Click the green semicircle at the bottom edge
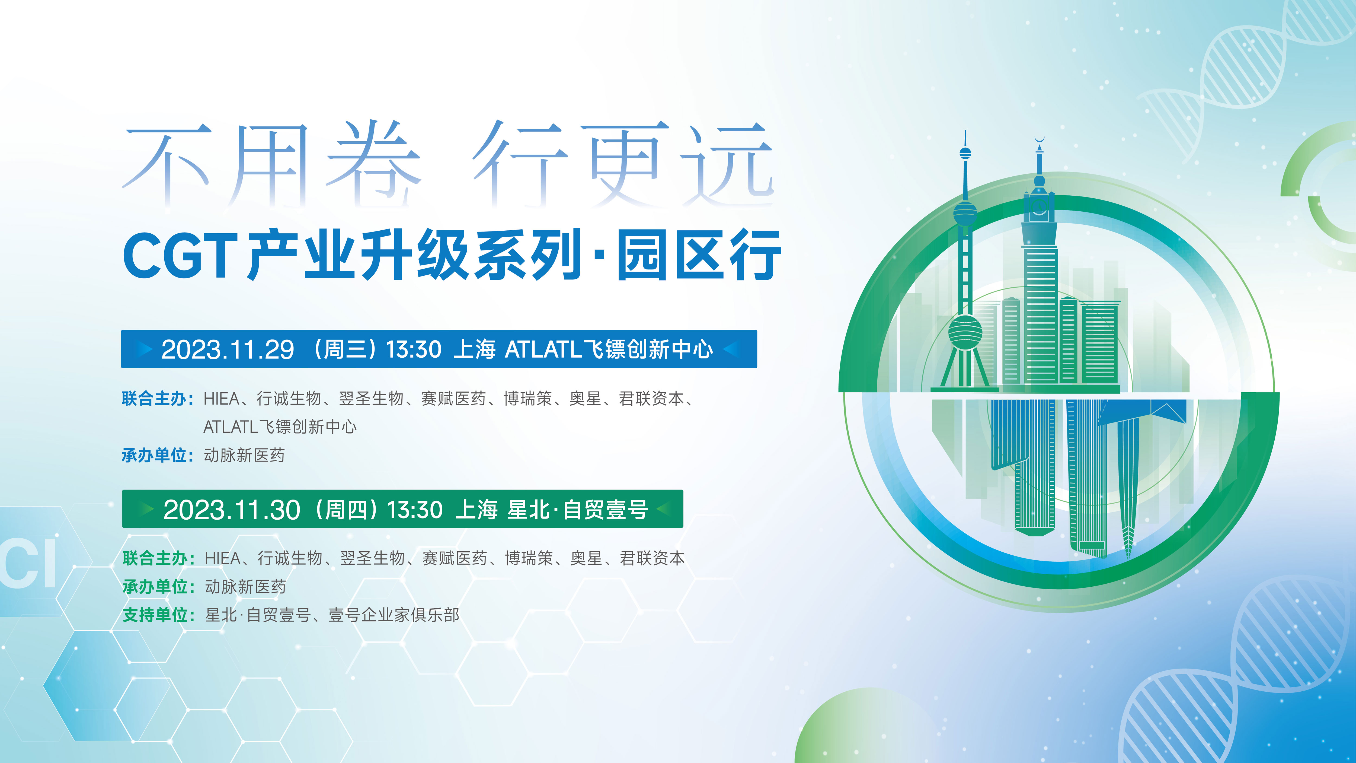click(x=863, y=729)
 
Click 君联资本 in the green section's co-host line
click(x=652, y=558)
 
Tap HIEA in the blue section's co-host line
click(x=221, y=399)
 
